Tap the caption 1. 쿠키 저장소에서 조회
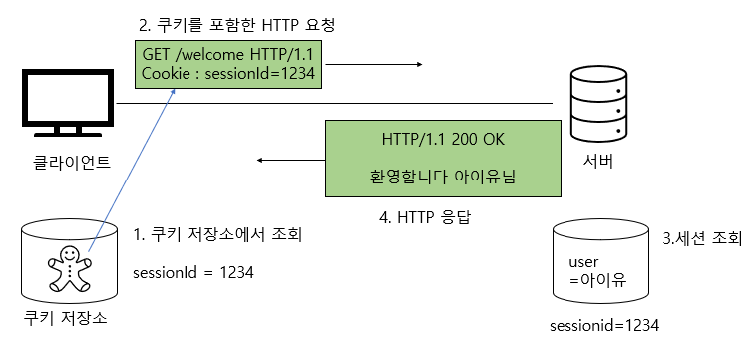[x=217, y=235]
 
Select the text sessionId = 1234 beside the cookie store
[x=193, y=270]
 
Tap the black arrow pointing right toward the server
[x=373, y=65]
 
